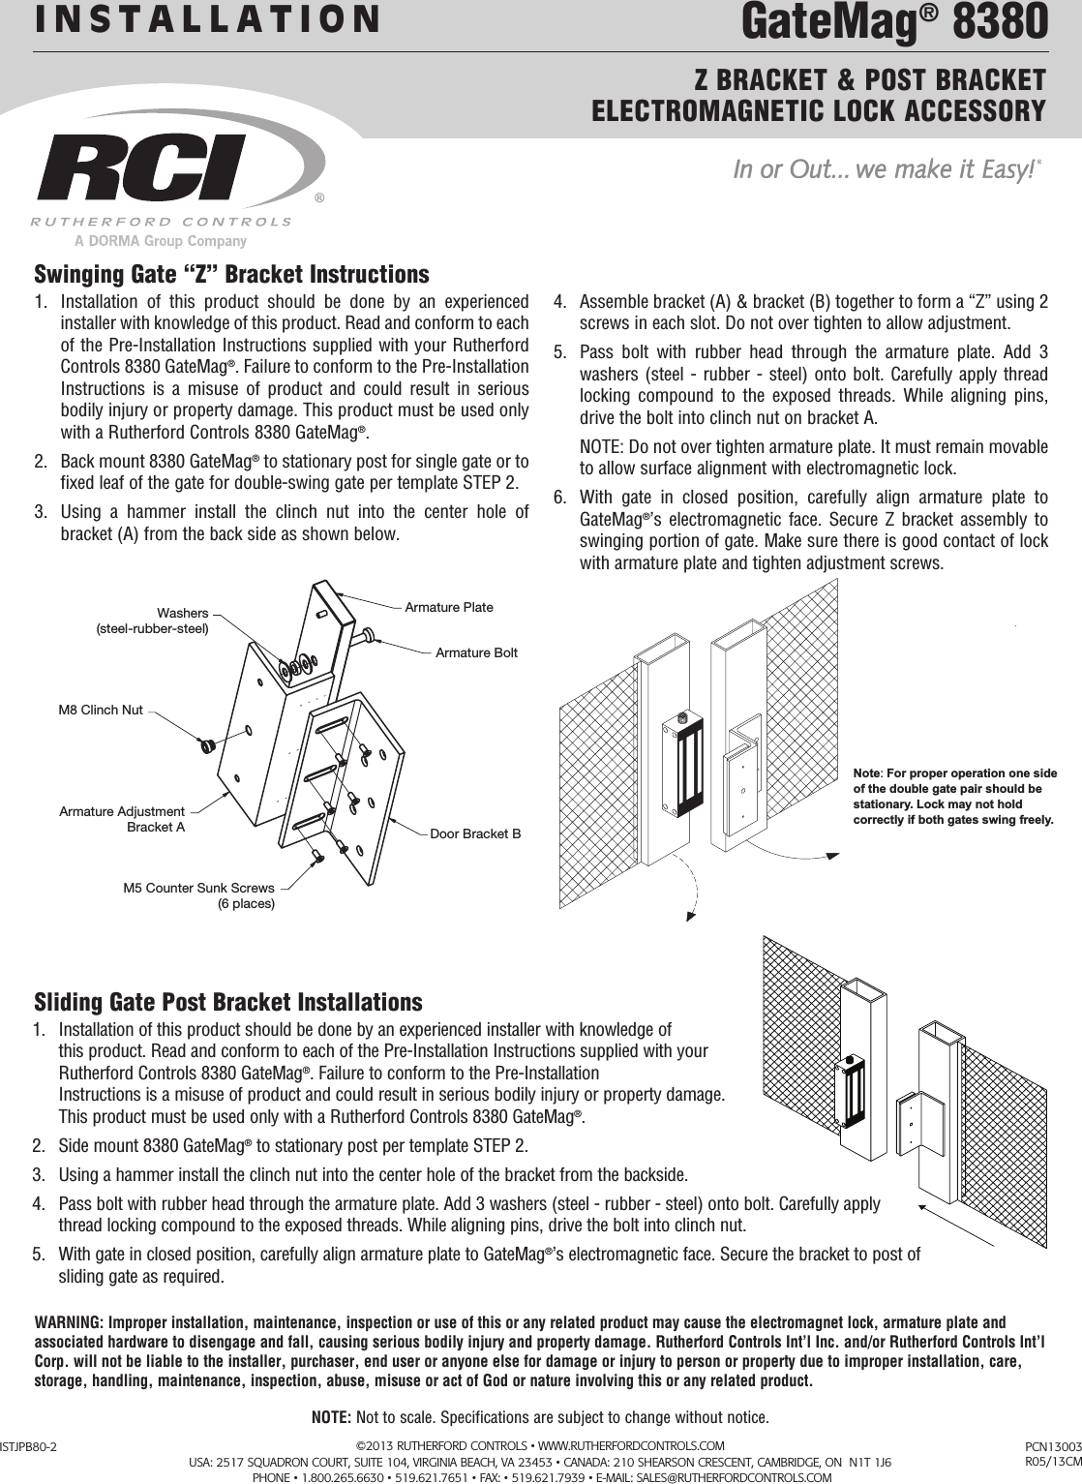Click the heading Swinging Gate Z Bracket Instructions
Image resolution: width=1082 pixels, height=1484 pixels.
click(x=231, y=274)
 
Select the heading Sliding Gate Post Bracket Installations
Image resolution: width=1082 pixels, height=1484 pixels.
click(x=228, y=1001)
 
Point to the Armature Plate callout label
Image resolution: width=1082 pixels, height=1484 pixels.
click(x=448, y=607)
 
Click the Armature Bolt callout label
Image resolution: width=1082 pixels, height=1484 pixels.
click(x=476, y=653)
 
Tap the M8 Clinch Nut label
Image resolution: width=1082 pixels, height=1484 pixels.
click(x=101, y=711)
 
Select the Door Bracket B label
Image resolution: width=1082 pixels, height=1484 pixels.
click(x=474, y=833)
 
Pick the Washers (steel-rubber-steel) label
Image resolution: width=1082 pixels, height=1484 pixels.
click(x=153, y=621)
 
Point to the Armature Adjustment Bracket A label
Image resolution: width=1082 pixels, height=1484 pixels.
click(x=122, y=819)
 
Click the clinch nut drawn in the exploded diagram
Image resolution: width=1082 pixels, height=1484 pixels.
click(x=205, y=746)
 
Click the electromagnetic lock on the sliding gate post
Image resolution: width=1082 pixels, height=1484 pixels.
click(x=854, y=1092)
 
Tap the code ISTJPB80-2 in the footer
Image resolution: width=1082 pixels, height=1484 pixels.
click(x=29, y=1447)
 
